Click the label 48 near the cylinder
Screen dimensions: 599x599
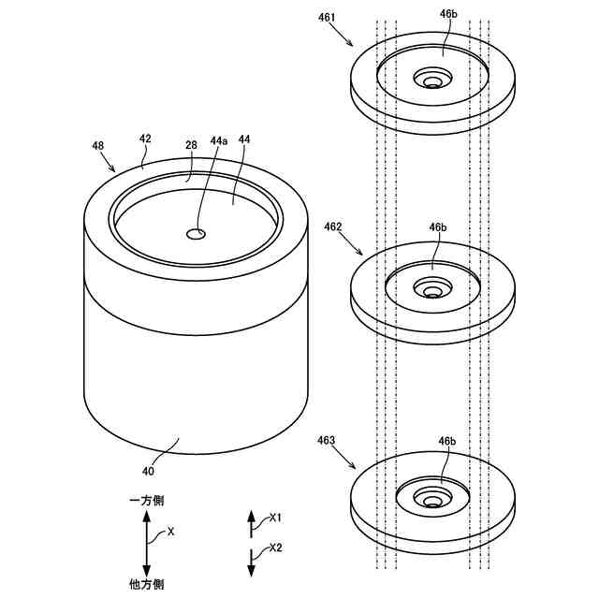pos(98,146)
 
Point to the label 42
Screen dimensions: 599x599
pos(145,139)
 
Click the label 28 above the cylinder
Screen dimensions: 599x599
pos(191,145)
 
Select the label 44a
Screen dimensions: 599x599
pos(218,140)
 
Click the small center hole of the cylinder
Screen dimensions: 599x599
pos(197,233)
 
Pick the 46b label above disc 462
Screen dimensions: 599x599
pos(438,227)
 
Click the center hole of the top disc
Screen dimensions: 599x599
pos(431,82)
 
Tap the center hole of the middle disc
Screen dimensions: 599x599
pos(431,292)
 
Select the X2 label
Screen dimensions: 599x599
pos(275,548)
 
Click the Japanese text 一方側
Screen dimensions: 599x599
pos(146,503)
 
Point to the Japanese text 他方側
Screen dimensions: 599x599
pos(146,584)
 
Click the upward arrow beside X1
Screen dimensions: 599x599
pos(251,522)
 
